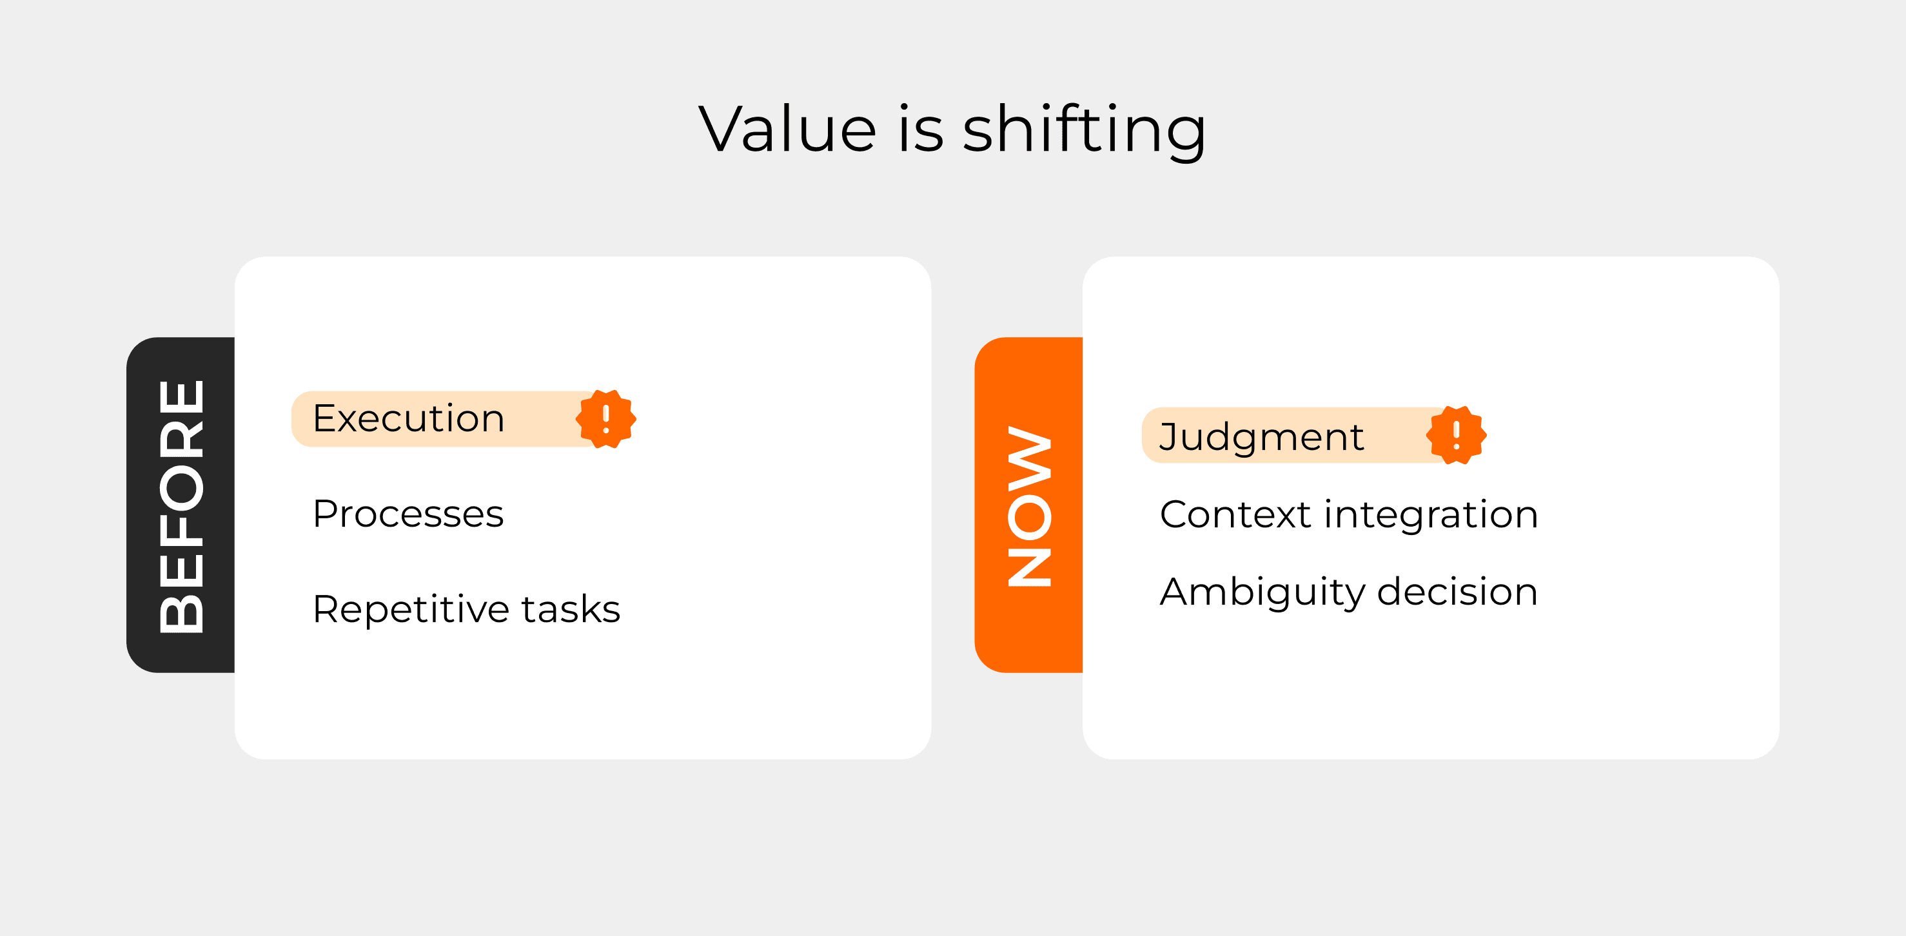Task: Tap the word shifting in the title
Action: click(1085, 131)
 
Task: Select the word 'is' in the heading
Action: click(921, 129)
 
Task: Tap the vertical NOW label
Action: click(1029, 506)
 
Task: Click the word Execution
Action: click(408, 418)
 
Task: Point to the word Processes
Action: click(408, 514)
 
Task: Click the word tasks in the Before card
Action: click(571, 609)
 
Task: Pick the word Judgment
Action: click(1262, 437)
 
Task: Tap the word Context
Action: click(1235, 514)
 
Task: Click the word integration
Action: click(1431, 516)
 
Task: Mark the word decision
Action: click(1458, 591)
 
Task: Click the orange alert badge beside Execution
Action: click(606, 419)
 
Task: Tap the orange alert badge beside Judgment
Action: click(1456, 435)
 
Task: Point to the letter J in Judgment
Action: click(1169, 436)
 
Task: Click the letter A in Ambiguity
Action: click(1178, 591)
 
